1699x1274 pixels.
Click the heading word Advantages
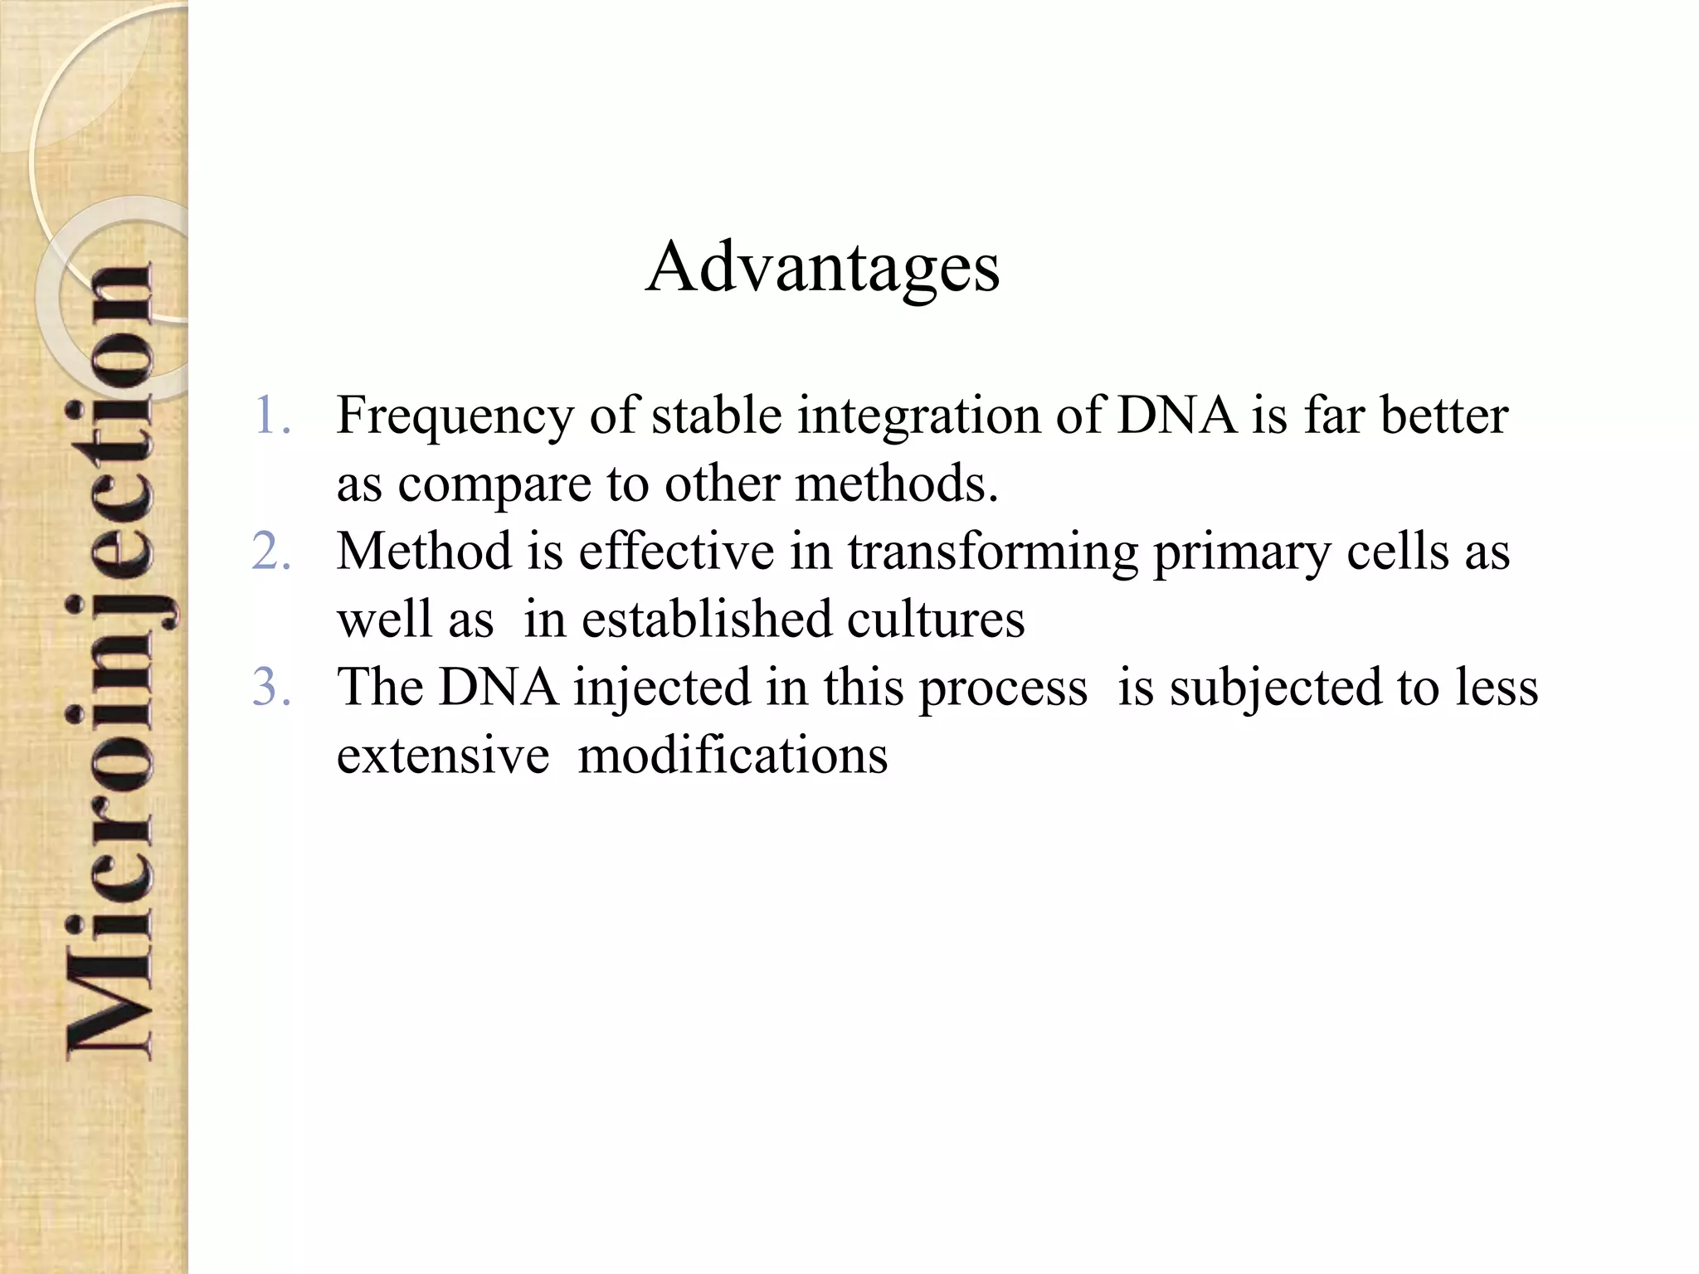click(822, 267)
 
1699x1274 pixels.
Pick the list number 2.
click(272, 551)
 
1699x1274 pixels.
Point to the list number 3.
click(272, 687)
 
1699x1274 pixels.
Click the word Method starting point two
click(424, 551)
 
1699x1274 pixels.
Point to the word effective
click(676, 551)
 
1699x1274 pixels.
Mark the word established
click(706, 619)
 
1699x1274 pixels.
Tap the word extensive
click(443, 755)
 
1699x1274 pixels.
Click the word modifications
click(733, 755)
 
